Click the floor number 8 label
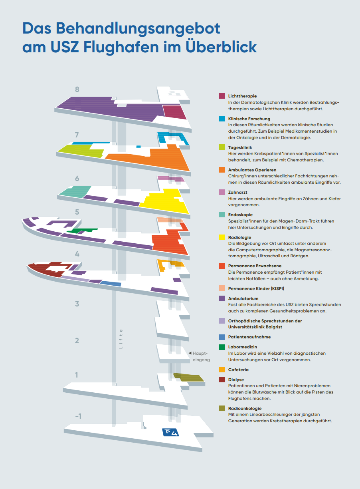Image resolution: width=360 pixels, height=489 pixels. [x=77, y=89]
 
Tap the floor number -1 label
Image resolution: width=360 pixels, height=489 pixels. [x=78, y=416]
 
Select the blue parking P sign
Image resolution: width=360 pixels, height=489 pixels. [x=169, y=432]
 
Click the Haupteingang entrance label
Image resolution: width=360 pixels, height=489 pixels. [x=200, y=356]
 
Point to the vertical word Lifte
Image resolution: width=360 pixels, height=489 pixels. [x=121, y=339]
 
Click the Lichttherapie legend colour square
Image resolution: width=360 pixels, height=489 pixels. [x=222, y=96]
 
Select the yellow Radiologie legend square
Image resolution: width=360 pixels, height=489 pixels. [x=222, y=237]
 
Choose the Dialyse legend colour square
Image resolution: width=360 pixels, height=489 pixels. [x=222, y=380]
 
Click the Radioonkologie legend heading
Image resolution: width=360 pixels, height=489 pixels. [x=245, y=408]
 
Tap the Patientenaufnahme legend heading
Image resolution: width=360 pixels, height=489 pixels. [x=249, y=337]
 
